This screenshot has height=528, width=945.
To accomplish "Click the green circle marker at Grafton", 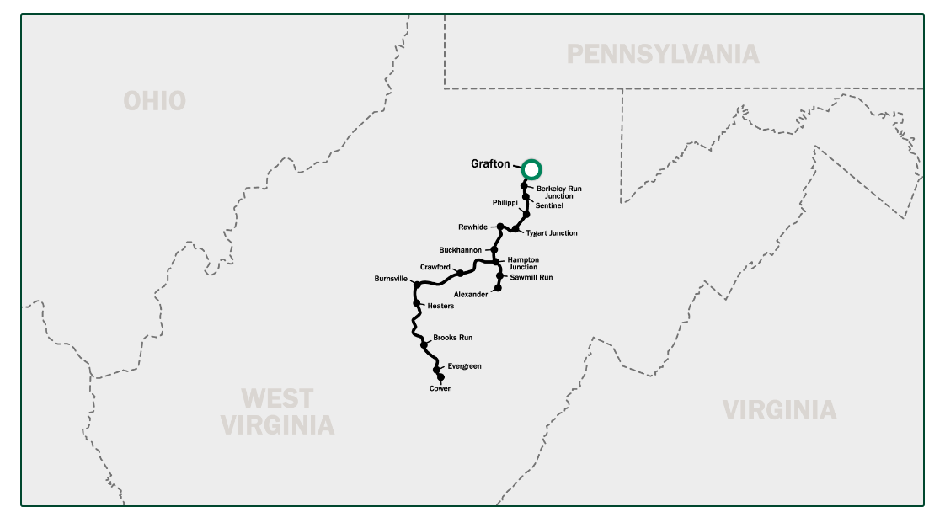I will coord(531,169).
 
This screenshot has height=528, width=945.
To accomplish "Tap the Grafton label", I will coord(490,163).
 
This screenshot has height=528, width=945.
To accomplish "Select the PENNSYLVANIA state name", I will coord(662,55).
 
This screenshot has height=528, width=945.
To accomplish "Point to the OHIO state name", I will coord(154,101).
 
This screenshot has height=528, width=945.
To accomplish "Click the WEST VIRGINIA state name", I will coord(277,411).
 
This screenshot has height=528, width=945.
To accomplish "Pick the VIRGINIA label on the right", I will coord(779,410).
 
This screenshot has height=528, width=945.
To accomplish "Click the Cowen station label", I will coord(440,388).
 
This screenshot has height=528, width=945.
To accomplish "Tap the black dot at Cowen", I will coord(440,377).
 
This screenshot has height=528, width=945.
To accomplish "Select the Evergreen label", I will coord(464,366).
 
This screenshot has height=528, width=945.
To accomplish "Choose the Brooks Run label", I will coord(452,338).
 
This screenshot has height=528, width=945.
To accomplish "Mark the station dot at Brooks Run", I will coord(424,344).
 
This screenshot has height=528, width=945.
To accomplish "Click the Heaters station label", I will coord(440,306).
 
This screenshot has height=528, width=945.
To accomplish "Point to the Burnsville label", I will coord(392,278).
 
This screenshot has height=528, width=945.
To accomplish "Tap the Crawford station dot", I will coord(460,273).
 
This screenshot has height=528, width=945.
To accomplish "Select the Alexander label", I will coord(470,295).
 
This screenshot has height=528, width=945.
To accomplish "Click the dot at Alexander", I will coord(498,288).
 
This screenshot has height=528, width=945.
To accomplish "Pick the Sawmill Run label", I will coord(531,277).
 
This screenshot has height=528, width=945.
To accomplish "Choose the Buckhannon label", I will coord(461,250).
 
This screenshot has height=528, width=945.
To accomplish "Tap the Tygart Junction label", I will coord(552,232).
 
